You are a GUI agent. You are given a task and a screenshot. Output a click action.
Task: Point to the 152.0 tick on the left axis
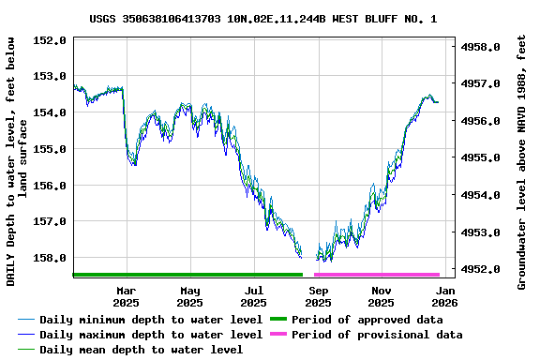click(49, 40)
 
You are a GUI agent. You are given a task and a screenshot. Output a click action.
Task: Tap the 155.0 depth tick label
click(49, 148)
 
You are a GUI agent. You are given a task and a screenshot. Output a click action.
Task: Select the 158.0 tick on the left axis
click(49, 257)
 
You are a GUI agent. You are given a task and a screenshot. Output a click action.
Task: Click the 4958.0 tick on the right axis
click(483, 46)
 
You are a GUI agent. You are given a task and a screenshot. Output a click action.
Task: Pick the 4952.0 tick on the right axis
click(483, 269)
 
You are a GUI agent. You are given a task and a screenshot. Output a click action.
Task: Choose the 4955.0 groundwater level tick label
click(483, 157)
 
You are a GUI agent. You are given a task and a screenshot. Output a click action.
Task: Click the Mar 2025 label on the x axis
click(126, 296)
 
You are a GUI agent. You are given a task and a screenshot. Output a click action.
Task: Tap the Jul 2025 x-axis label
click(253, 296)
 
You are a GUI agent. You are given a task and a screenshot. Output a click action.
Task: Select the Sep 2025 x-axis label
click(318, 296)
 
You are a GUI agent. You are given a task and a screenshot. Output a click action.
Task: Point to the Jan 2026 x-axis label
click(444, 296)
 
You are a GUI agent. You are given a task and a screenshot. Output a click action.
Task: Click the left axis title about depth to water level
click(17, 161)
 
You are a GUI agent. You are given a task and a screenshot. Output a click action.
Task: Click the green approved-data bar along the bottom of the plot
click(187, 275)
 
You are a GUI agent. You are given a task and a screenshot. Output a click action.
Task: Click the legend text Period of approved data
click(367, 320)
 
